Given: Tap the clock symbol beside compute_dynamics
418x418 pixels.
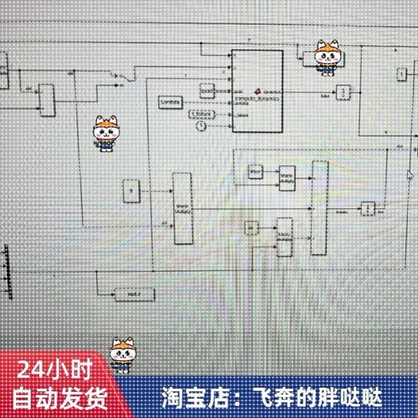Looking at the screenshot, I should (x=201, y=126).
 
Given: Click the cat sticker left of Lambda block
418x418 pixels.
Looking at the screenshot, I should (x=106, y=133).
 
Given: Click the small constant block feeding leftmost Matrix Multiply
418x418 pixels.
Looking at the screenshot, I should (x=130, y=191).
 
